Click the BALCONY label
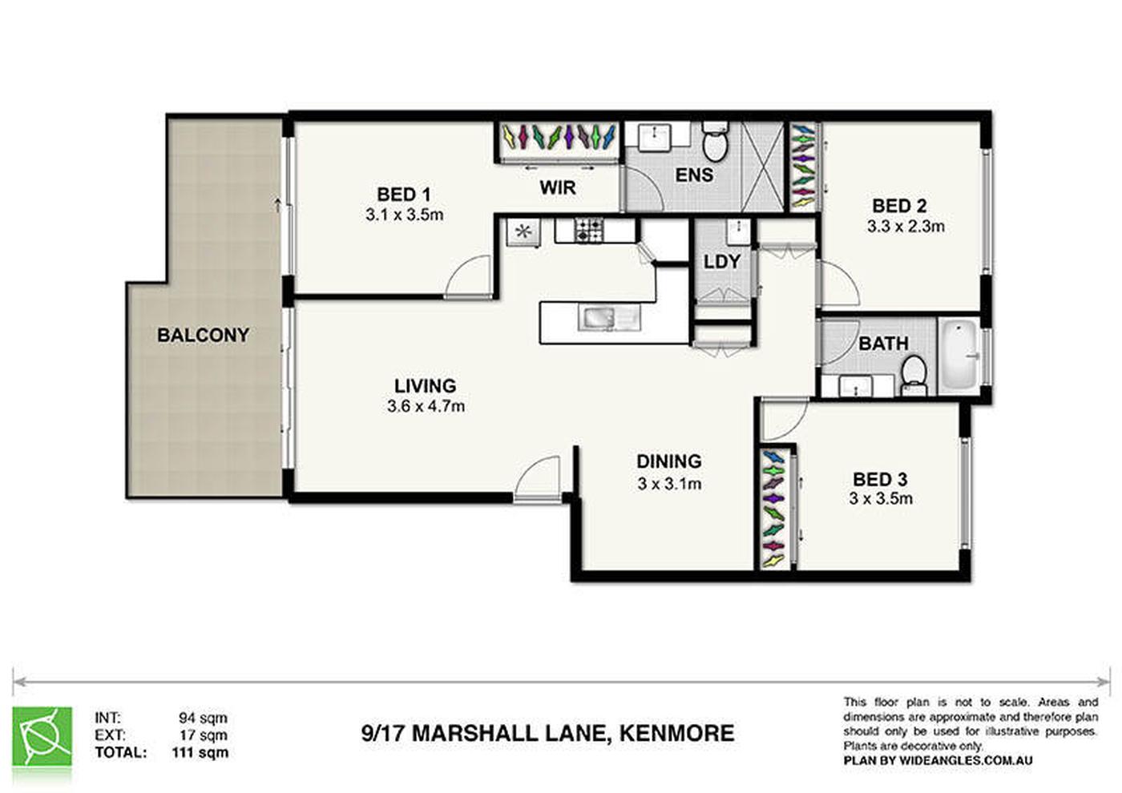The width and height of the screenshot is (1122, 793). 203,335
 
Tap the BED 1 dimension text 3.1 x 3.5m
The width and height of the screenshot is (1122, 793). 404,215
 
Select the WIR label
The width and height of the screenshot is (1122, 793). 558,187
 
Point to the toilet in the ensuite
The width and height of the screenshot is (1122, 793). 714,141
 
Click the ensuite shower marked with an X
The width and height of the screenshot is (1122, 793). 762,167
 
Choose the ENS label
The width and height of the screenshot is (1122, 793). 694,175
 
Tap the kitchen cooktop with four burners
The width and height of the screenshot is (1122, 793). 588,230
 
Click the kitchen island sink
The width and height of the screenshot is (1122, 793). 609,319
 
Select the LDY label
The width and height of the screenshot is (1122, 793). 721,261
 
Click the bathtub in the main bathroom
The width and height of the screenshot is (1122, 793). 959,356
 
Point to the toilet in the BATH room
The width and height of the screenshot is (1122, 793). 914,375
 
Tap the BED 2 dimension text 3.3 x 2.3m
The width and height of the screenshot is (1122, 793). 906,226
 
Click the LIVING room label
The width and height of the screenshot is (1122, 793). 425,386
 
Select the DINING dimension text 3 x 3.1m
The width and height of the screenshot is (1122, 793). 668,484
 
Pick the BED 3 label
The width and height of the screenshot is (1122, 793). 880,480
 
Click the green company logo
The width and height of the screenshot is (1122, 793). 42,736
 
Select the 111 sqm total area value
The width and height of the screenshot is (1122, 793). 200,752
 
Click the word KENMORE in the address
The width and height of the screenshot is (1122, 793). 676,734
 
